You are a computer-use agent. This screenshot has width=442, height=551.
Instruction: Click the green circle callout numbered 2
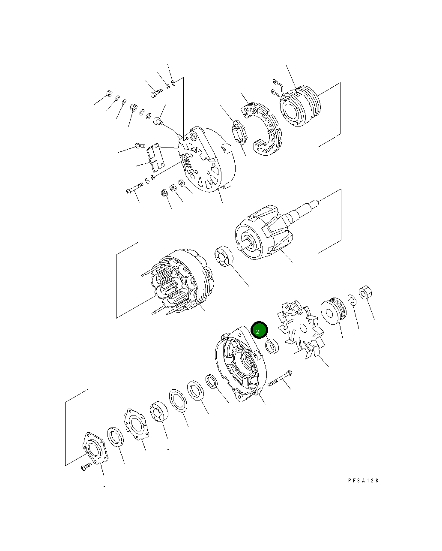click(259, 330)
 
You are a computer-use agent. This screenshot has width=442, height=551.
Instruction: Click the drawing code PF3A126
click(363, 481)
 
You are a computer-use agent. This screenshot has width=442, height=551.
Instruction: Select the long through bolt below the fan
click(280, 378)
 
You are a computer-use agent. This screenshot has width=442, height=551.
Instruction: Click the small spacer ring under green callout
click(272, 346)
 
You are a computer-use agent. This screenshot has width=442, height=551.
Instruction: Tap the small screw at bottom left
click(86, 467)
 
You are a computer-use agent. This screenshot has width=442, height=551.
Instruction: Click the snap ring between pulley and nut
click(352, 301)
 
